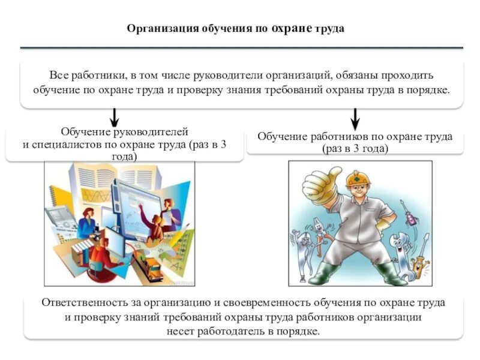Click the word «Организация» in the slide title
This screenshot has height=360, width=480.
click(x=158, y=29)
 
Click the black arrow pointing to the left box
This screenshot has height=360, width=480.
click(x=115, y=116)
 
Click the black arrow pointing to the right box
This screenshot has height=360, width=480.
click(x=355, y=116)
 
